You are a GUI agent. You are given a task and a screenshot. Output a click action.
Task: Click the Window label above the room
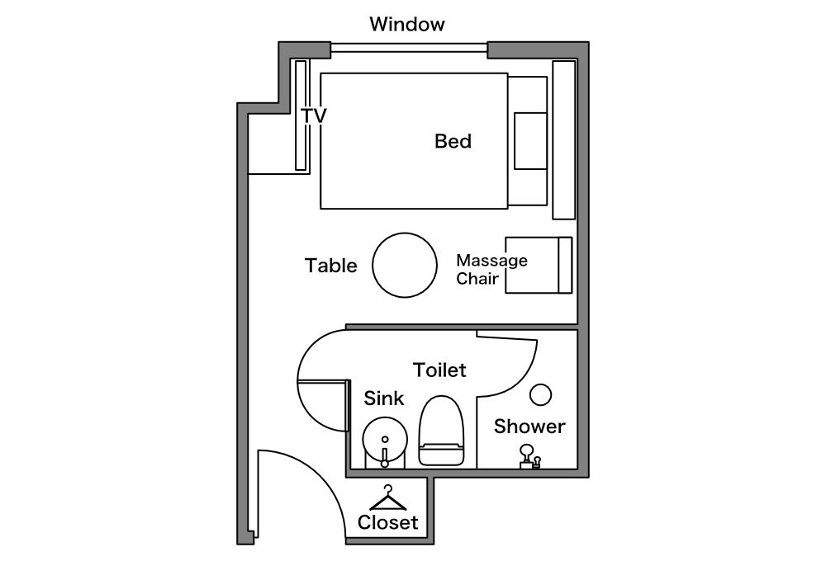point(406,24)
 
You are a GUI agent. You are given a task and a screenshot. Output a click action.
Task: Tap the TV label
point(314,115)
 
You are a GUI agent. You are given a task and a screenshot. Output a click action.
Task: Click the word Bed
point(453,141)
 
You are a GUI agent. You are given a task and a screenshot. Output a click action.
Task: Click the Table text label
point(331,266)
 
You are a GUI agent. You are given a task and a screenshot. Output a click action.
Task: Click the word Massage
point(491,260)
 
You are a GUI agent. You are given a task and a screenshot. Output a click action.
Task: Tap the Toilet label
point(439,370)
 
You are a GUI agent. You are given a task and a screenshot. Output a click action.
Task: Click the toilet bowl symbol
point(441,431)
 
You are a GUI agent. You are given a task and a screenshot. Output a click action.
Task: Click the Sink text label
point(383,398)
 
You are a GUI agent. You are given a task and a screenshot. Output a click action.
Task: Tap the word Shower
point(529,427)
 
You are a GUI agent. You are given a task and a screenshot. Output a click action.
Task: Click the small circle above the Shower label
point(540,394)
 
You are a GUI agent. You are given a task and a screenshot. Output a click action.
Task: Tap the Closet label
point(387,522)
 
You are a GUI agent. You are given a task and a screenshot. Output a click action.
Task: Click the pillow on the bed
point(530,141)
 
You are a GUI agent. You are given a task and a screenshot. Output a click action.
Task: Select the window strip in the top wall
point(409,48)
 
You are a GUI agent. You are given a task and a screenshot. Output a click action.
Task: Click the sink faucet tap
point(385,457)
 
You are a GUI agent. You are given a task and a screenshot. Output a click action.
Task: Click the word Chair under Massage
point(477,278)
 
